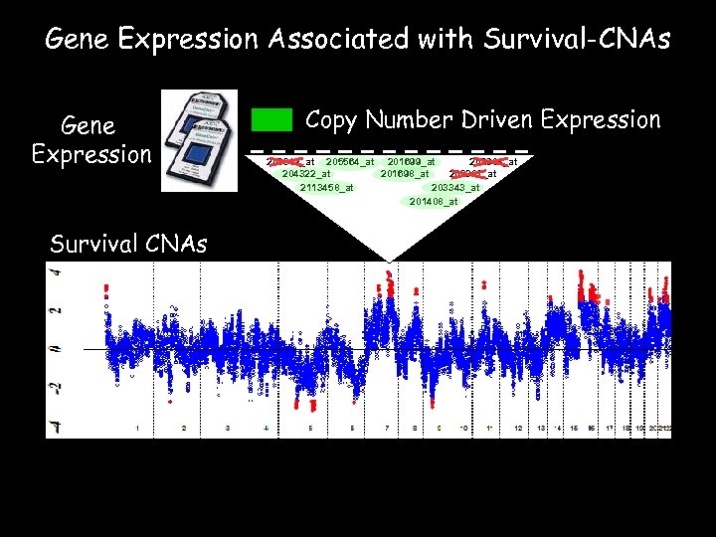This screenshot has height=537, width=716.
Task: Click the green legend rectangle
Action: (x=271, y=120)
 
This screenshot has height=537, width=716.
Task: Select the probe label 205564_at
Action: (x=351, y=162)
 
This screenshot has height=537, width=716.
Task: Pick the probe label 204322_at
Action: (x=307, y=175)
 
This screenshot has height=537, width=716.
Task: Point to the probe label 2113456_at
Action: (x=326, y=188)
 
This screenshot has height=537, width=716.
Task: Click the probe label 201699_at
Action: (x=411, y=162)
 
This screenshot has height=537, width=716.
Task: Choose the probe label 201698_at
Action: (x=406, y=175)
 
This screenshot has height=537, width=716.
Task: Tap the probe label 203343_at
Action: (x=455, y=188)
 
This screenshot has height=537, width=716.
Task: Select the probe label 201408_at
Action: (x=434, y=202)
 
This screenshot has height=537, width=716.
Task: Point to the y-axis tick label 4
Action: (x=57, y=270)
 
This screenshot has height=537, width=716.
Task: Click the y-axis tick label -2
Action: (x=57, y=388)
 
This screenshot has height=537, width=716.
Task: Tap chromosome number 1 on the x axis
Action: (x=137, y=429)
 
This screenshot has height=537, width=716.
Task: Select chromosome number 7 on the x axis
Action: (x=386, y=429)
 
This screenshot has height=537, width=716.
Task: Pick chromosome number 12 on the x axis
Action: (x=518, y=429)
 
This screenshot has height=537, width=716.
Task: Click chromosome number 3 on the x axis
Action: (x=228, y=429)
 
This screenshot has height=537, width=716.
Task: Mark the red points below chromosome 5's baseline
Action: (x=312, y=405)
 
